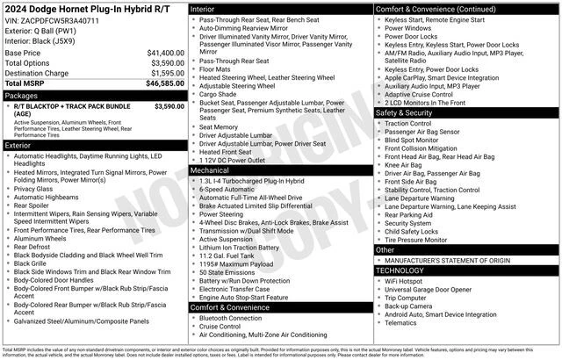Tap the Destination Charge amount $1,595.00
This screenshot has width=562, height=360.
165,74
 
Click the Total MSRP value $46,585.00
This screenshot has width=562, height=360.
164,83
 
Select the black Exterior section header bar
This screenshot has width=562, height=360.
93,144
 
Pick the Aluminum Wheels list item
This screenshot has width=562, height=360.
43,238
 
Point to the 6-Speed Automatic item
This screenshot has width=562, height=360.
227,188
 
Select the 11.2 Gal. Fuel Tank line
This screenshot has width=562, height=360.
233,255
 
